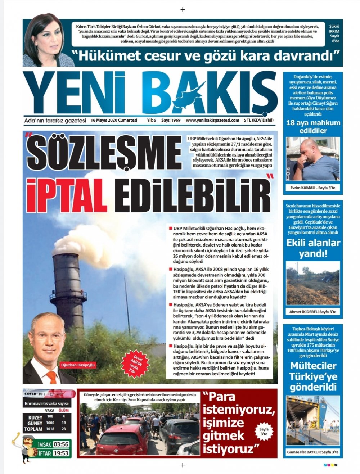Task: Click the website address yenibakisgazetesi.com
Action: click(212, 120)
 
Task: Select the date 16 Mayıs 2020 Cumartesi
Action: click(114, 120)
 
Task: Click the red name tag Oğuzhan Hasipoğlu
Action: click(78, 365)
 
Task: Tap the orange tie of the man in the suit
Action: click(52, 376)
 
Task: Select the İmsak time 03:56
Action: click(61, 444)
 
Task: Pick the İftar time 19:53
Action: click(61, 453)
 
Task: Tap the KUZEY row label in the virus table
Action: click(35, 417)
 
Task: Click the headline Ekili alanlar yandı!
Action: click(313, 248)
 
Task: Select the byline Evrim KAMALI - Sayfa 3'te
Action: click(312, 188)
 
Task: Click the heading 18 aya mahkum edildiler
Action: click(313, 127)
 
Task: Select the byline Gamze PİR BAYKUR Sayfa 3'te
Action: click(312, 452)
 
